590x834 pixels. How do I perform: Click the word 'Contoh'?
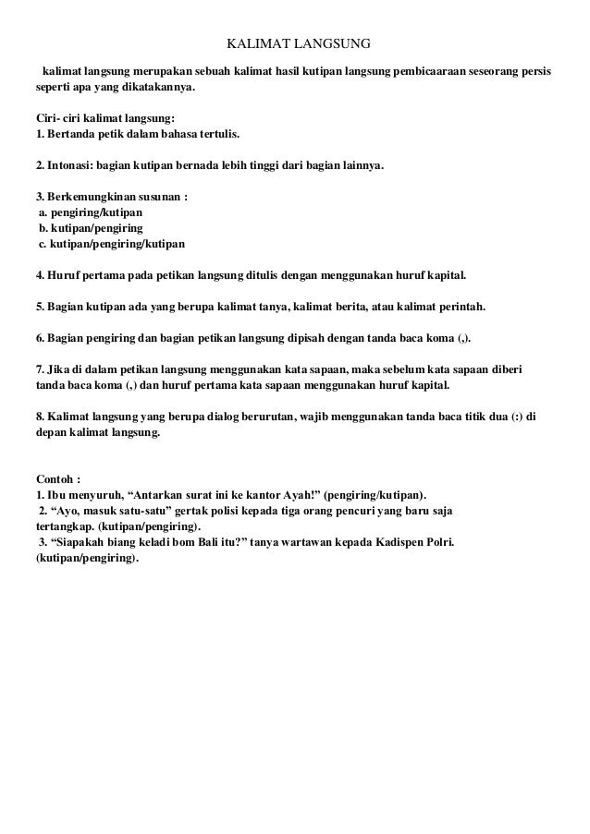pyautogui.click(x=55, y=479)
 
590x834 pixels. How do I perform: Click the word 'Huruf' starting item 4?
pyautogui.click(x=64, y=275)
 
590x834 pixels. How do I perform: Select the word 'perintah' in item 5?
pyautogui.click(x=458, y=307)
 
